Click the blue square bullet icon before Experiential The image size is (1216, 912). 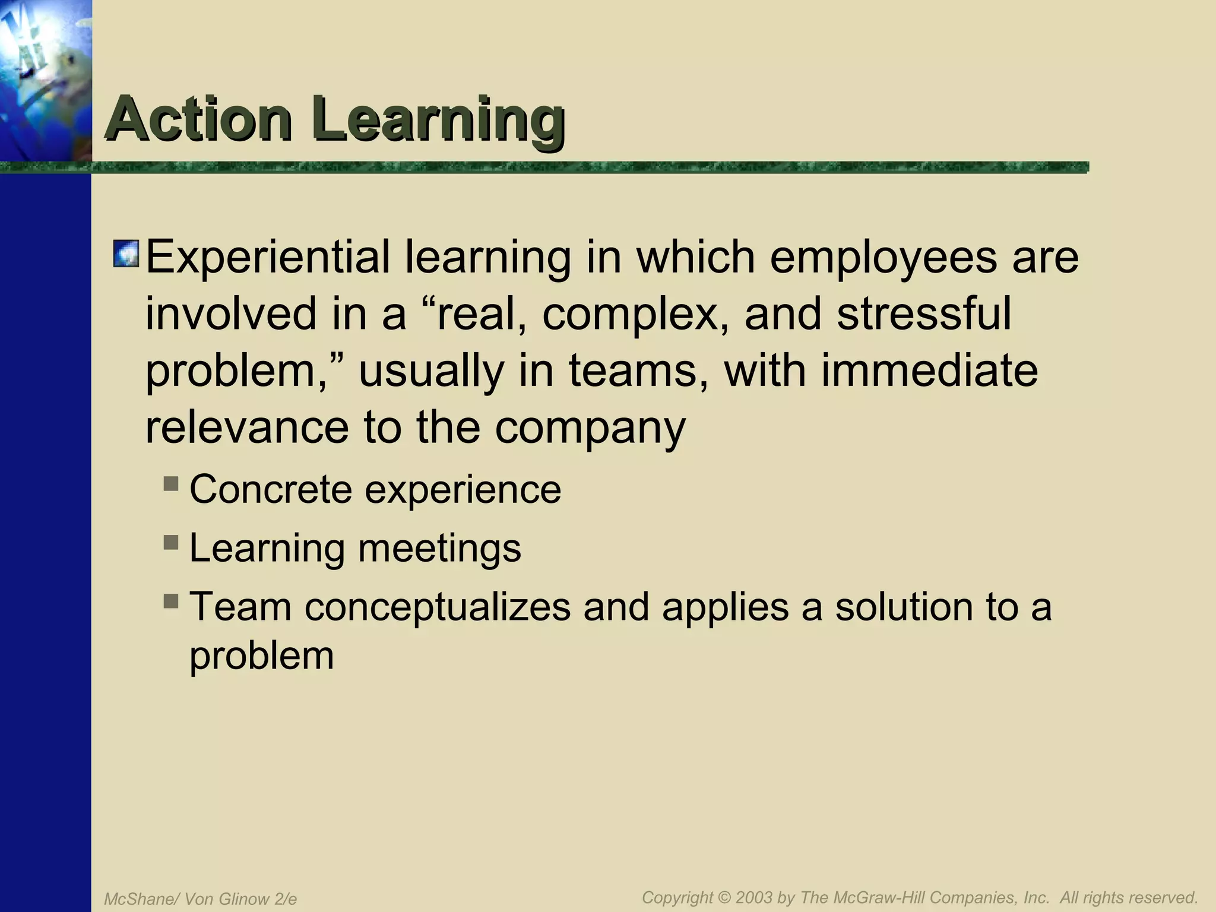[126, 254]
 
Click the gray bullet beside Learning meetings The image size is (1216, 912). [171, 541]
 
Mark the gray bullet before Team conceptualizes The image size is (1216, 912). [171, 601]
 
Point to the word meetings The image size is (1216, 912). [439, 549]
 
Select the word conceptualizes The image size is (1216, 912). [438, 608]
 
